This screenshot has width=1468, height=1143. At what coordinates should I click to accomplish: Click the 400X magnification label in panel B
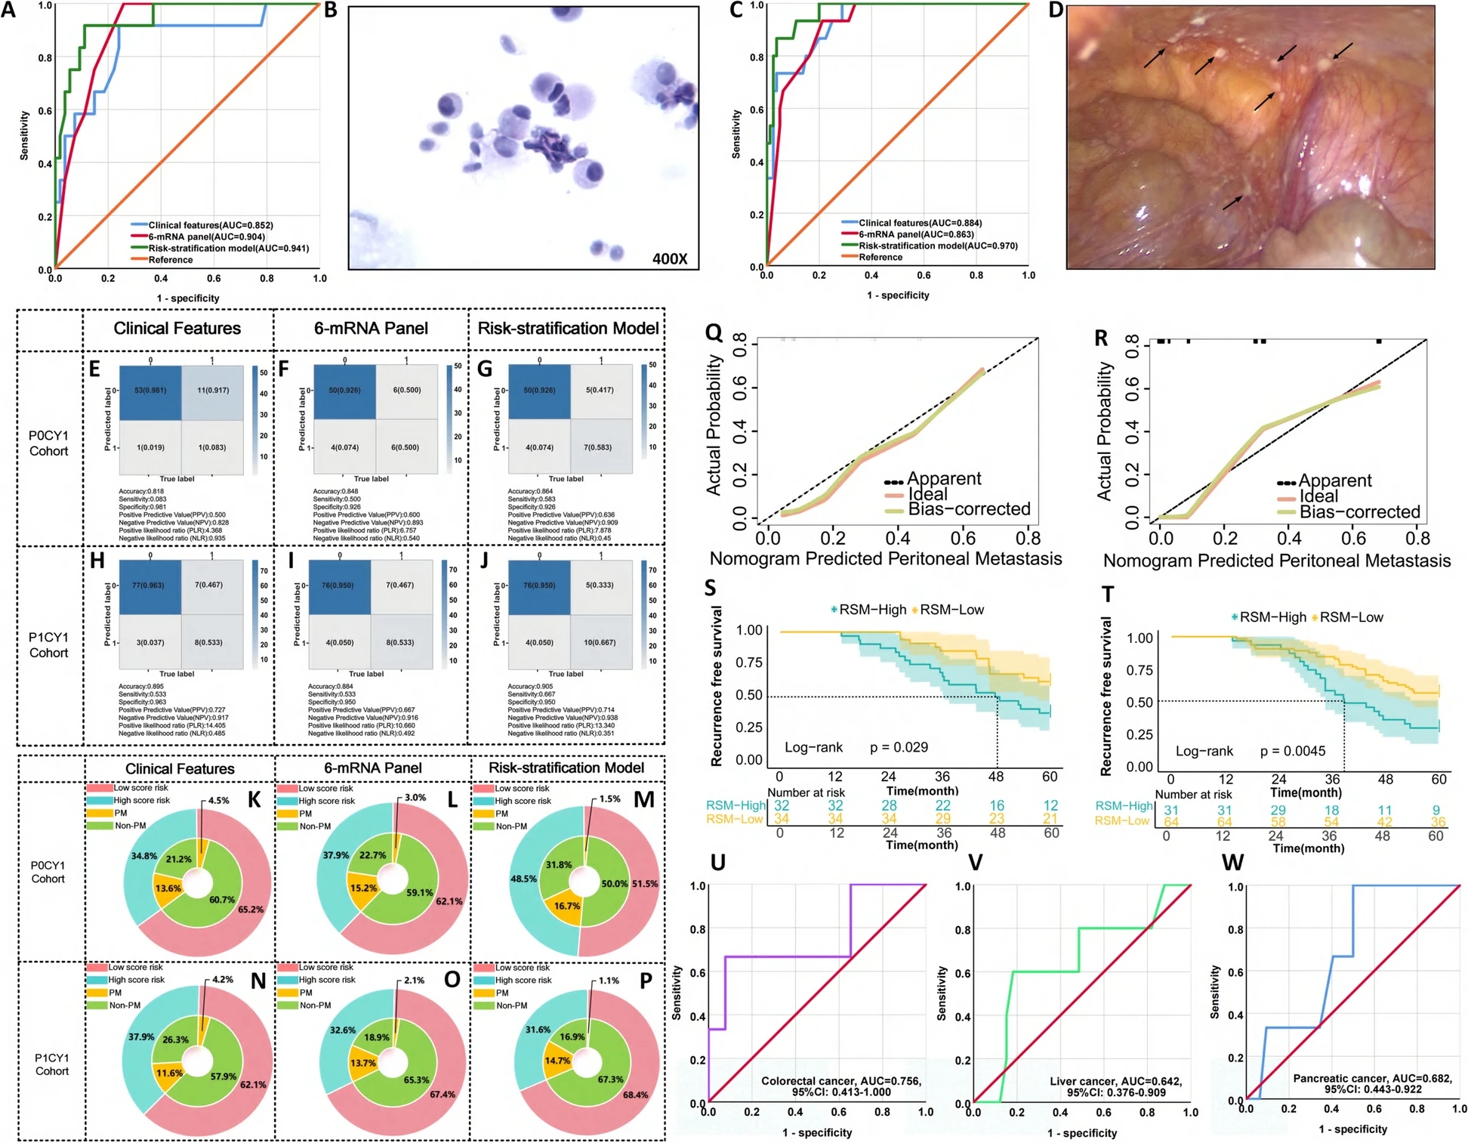pos(670,259)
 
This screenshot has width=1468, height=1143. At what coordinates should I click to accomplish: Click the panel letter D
pos(1056,10)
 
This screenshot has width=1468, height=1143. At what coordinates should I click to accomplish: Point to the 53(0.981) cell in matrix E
pos(150,391)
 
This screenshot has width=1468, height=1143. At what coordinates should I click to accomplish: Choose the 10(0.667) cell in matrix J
pos(600,643)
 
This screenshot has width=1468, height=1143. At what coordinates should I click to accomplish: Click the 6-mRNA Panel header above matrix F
pos(371,329)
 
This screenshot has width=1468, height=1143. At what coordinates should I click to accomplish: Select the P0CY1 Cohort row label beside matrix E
pos(48,443)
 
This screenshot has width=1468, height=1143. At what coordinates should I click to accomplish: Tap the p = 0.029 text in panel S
pos(899,747)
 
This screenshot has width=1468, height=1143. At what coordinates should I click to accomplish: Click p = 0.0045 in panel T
pos(1293,751)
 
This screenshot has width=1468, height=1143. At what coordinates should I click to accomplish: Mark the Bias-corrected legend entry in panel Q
pos(969,509)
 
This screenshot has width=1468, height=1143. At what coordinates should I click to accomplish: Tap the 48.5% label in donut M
pos(523,879)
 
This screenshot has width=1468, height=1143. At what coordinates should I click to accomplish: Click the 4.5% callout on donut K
pos(218,801)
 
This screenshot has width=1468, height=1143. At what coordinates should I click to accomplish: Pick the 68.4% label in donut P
pos(635,1095)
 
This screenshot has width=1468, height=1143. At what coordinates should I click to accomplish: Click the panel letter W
pos(1232,863)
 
